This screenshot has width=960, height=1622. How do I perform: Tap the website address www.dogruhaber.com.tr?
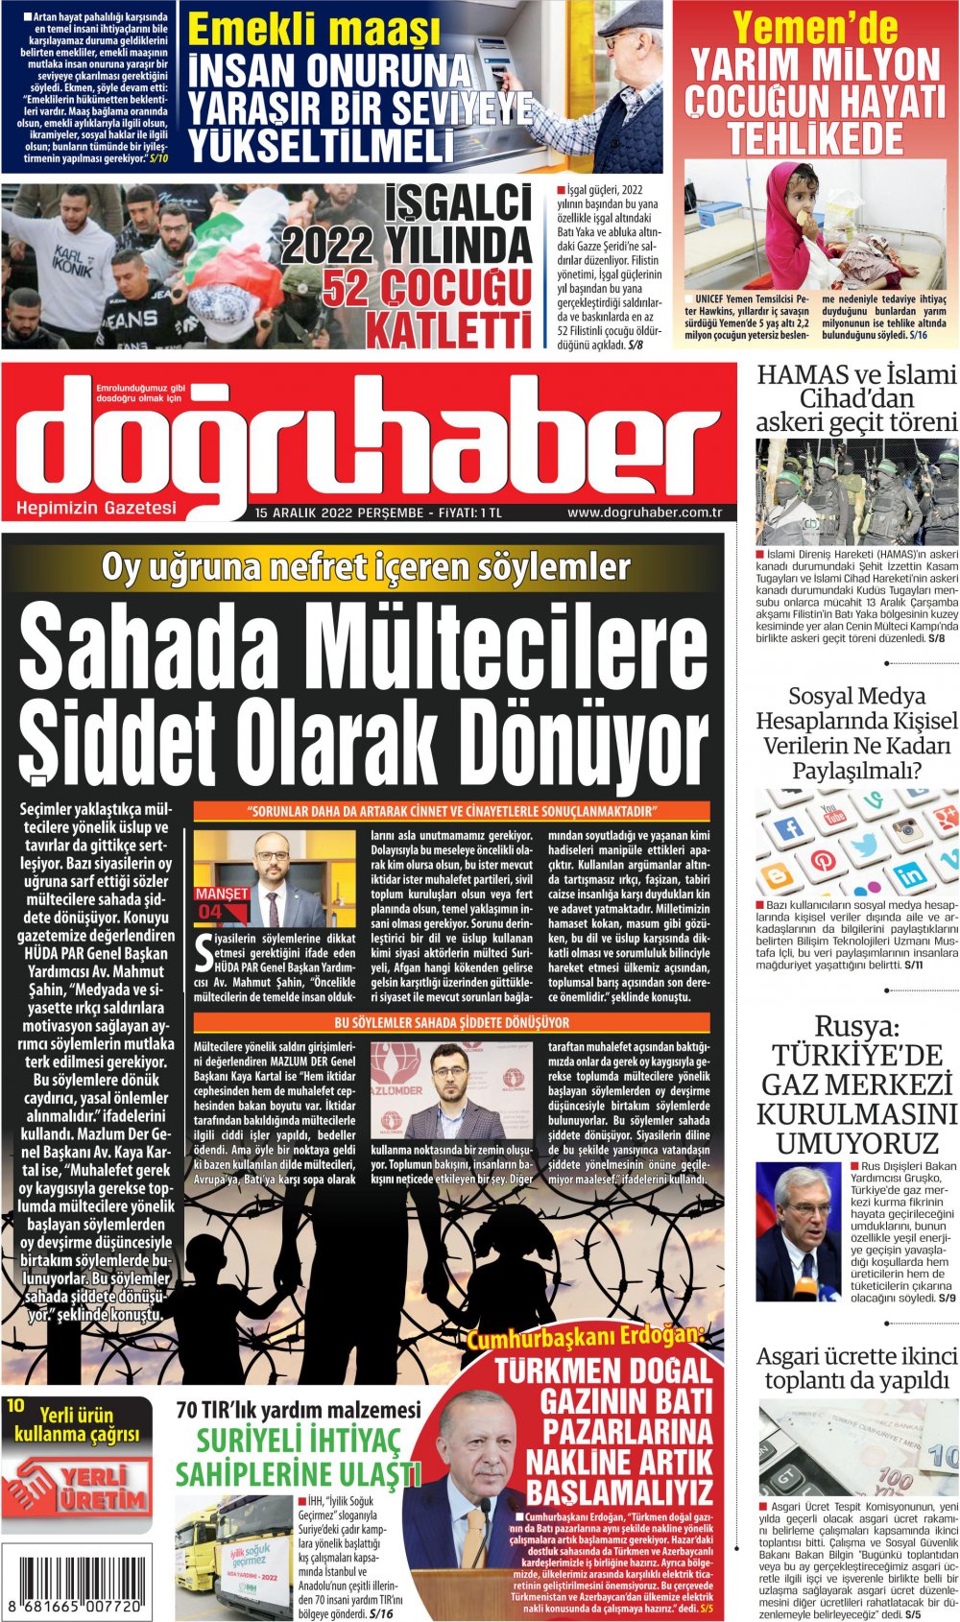(644, 513)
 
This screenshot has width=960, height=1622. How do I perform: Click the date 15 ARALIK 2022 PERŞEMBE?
(339, 513)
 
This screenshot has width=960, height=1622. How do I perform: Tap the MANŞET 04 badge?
(222, 902)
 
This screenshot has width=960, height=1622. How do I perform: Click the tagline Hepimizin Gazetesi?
(97, 508)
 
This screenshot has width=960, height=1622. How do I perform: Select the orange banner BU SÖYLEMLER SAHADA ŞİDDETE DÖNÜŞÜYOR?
(451, 1023)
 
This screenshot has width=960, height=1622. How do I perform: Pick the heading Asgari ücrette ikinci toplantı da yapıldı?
(856, 1368)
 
